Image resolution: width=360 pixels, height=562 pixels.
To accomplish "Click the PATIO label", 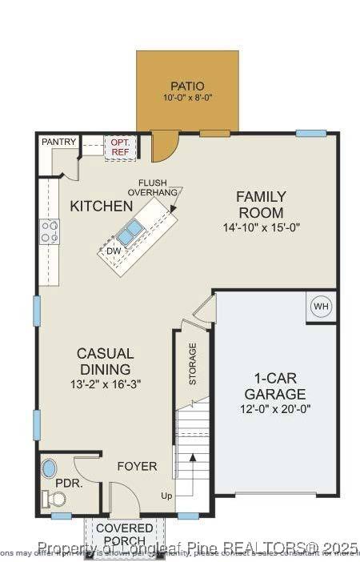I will tap(187, 86).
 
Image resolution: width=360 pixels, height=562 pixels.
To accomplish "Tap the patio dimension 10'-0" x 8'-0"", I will tap(187, 98).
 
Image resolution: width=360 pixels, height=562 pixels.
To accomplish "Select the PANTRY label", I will tap(59, 143).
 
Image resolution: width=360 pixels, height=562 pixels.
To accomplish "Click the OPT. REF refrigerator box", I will tap(121, 147).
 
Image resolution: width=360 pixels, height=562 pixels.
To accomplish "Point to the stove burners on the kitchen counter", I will tap(50, 231).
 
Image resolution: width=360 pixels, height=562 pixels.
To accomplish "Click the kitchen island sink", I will tap(130, 232).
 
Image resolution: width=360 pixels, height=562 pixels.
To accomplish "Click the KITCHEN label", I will tap(101, 207).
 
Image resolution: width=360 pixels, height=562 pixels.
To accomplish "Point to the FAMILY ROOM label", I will tap(260, 204).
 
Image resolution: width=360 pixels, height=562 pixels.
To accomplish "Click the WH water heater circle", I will tap(321, 307).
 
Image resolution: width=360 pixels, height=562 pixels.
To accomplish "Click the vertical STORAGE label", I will tap(193, 364).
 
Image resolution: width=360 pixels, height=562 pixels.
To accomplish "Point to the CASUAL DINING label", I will tap(105, 361).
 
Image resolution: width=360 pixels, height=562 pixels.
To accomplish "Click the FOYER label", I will tap(137, 466).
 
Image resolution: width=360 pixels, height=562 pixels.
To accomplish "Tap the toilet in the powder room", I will tap(56, 499).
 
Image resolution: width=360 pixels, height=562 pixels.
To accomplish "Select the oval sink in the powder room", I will tap(50, 468).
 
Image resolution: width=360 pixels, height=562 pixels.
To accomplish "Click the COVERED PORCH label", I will tap(125, 535).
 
